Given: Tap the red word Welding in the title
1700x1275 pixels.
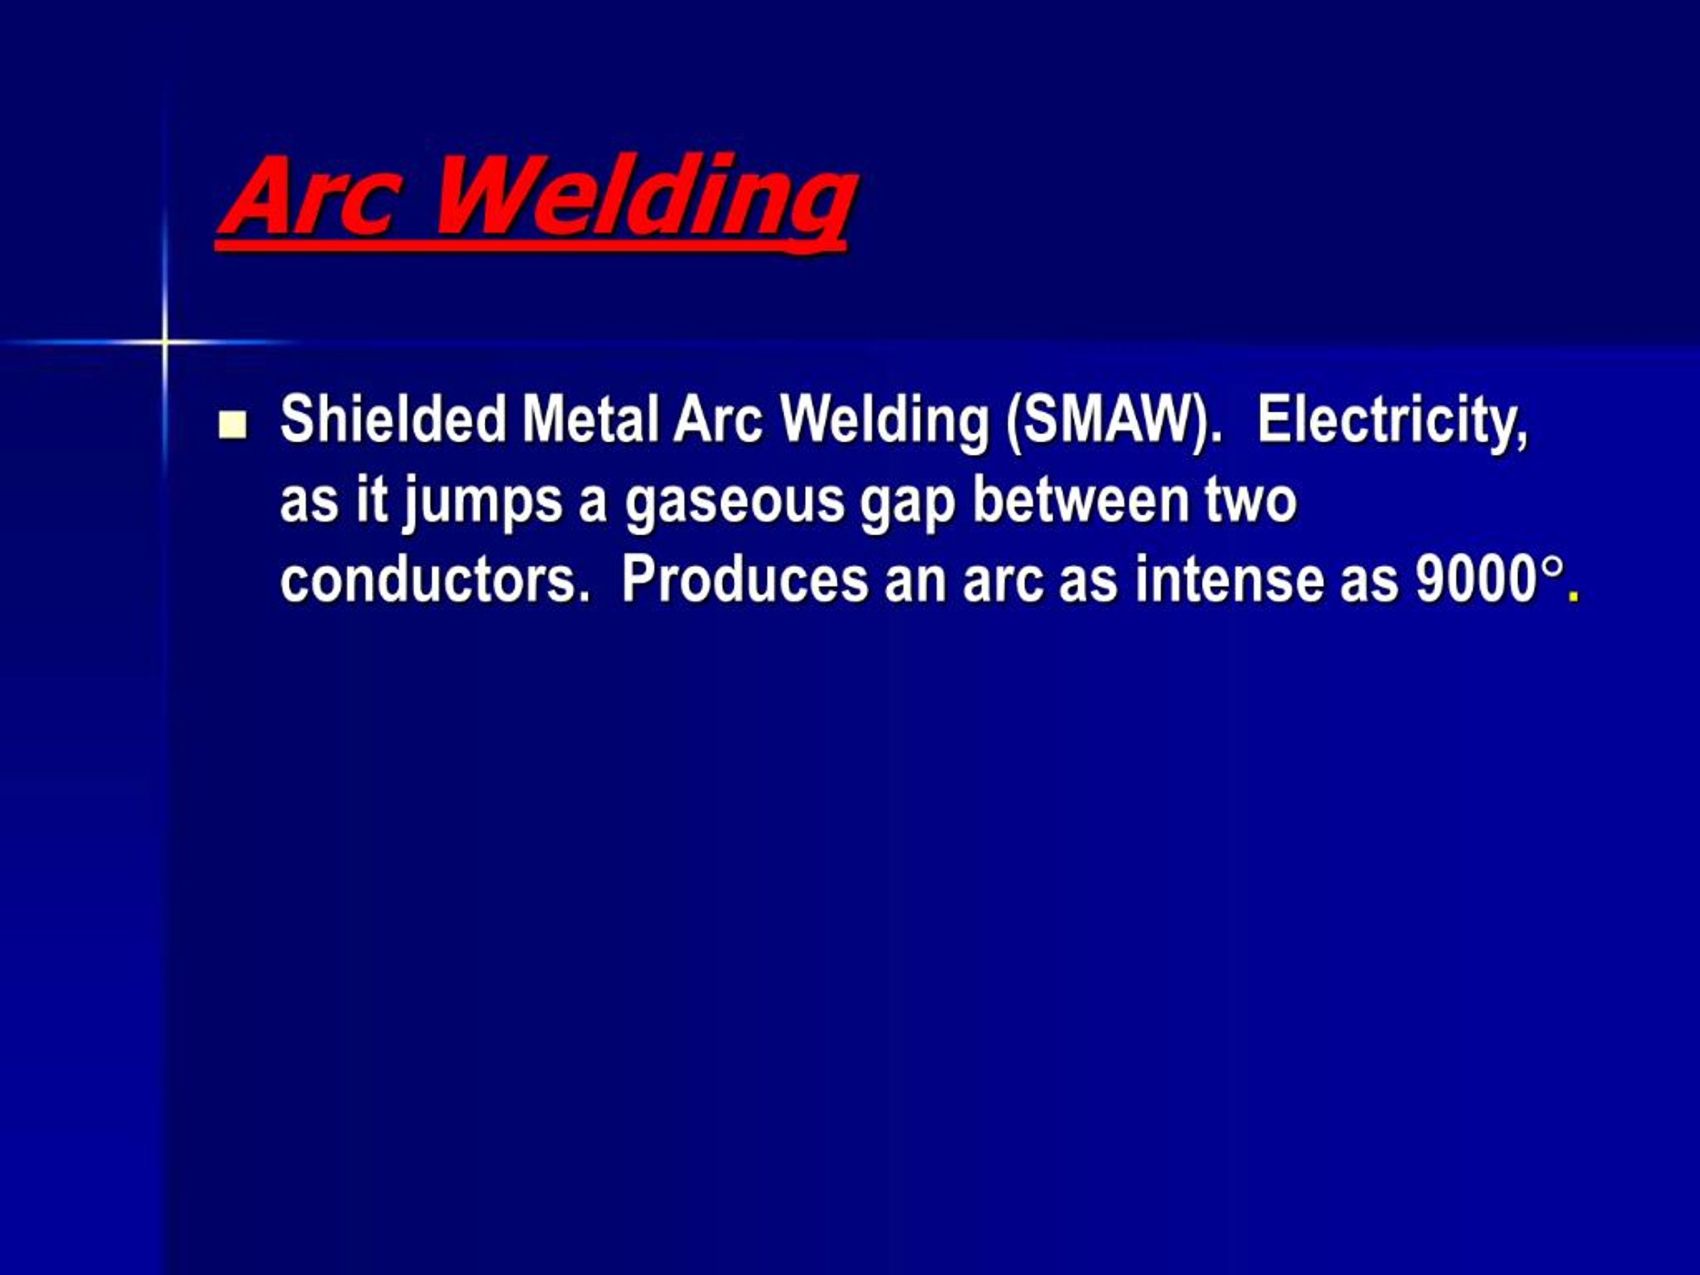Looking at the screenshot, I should [645, 199].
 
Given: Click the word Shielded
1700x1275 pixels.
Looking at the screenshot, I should [392, 420].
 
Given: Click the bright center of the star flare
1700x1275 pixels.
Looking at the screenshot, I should [165, 341].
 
